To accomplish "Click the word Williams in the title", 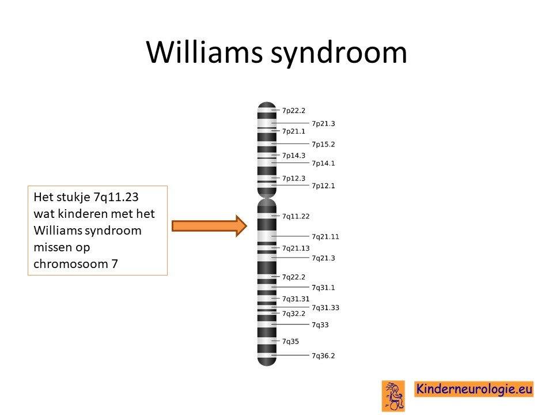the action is [204, 52].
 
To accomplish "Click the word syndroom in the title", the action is [339, 53].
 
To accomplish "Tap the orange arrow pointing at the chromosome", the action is [209, 226].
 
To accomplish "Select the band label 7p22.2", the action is [293, 111].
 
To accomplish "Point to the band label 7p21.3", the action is [323, 123].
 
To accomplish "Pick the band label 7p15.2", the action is [323, 144].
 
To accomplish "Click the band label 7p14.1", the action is [323, 163].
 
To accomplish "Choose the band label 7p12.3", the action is [293, 179].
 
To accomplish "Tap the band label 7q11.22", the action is [296, 216].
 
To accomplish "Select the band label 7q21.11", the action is [325, 237].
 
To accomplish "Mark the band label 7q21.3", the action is [323, 258].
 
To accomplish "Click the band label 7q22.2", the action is [293, 277].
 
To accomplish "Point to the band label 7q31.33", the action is [325, 308].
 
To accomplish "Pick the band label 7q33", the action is [320, 325].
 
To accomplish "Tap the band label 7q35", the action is [290, 342].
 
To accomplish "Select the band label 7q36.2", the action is [323, 356].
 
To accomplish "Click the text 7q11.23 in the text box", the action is [116, 197].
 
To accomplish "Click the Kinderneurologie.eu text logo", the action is [474, 389].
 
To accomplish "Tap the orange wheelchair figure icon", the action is [393, 396].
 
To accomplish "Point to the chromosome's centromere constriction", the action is [267, 198].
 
